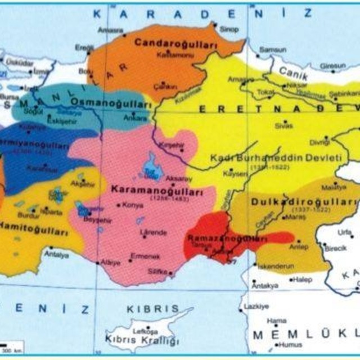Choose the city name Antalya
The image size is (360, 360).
pyautogui.click(x=57, y=255)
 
